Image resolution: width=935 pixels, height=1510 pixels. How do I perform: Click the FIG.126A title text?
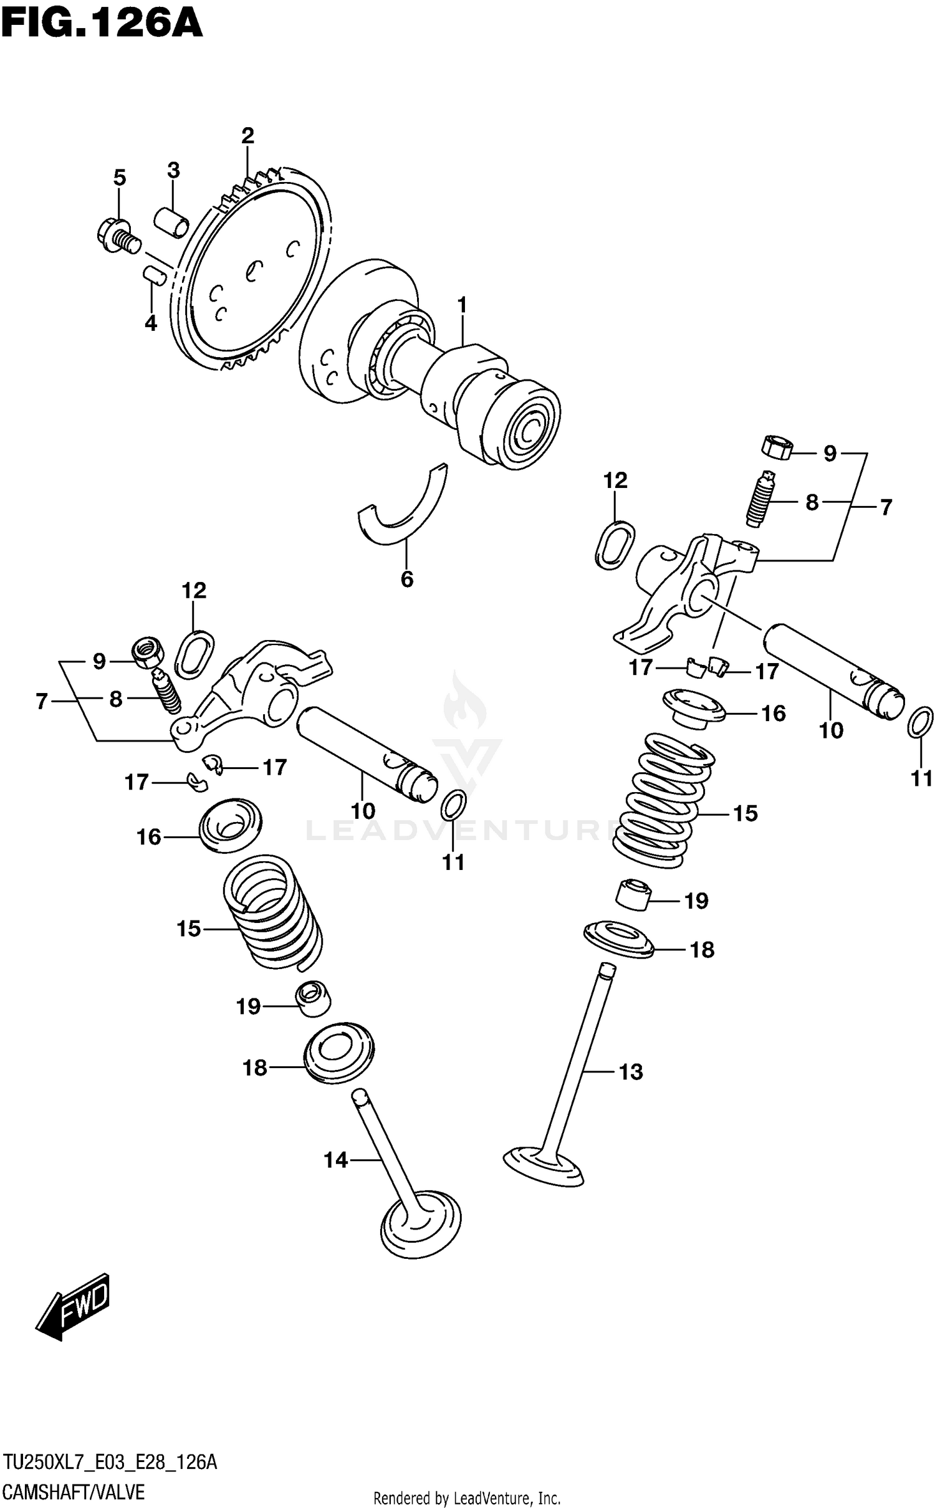click(x=102, y=24)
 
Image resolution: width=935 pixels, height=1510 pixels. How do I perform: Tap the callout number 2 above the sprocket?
click(x=247, y=136)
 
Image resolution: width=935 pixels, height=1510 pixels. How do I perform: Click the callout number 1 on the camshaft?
click(x=462, y=305)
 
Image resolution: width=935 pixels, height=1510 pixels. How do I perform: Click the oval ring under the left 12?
click(x=196, y=654)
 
